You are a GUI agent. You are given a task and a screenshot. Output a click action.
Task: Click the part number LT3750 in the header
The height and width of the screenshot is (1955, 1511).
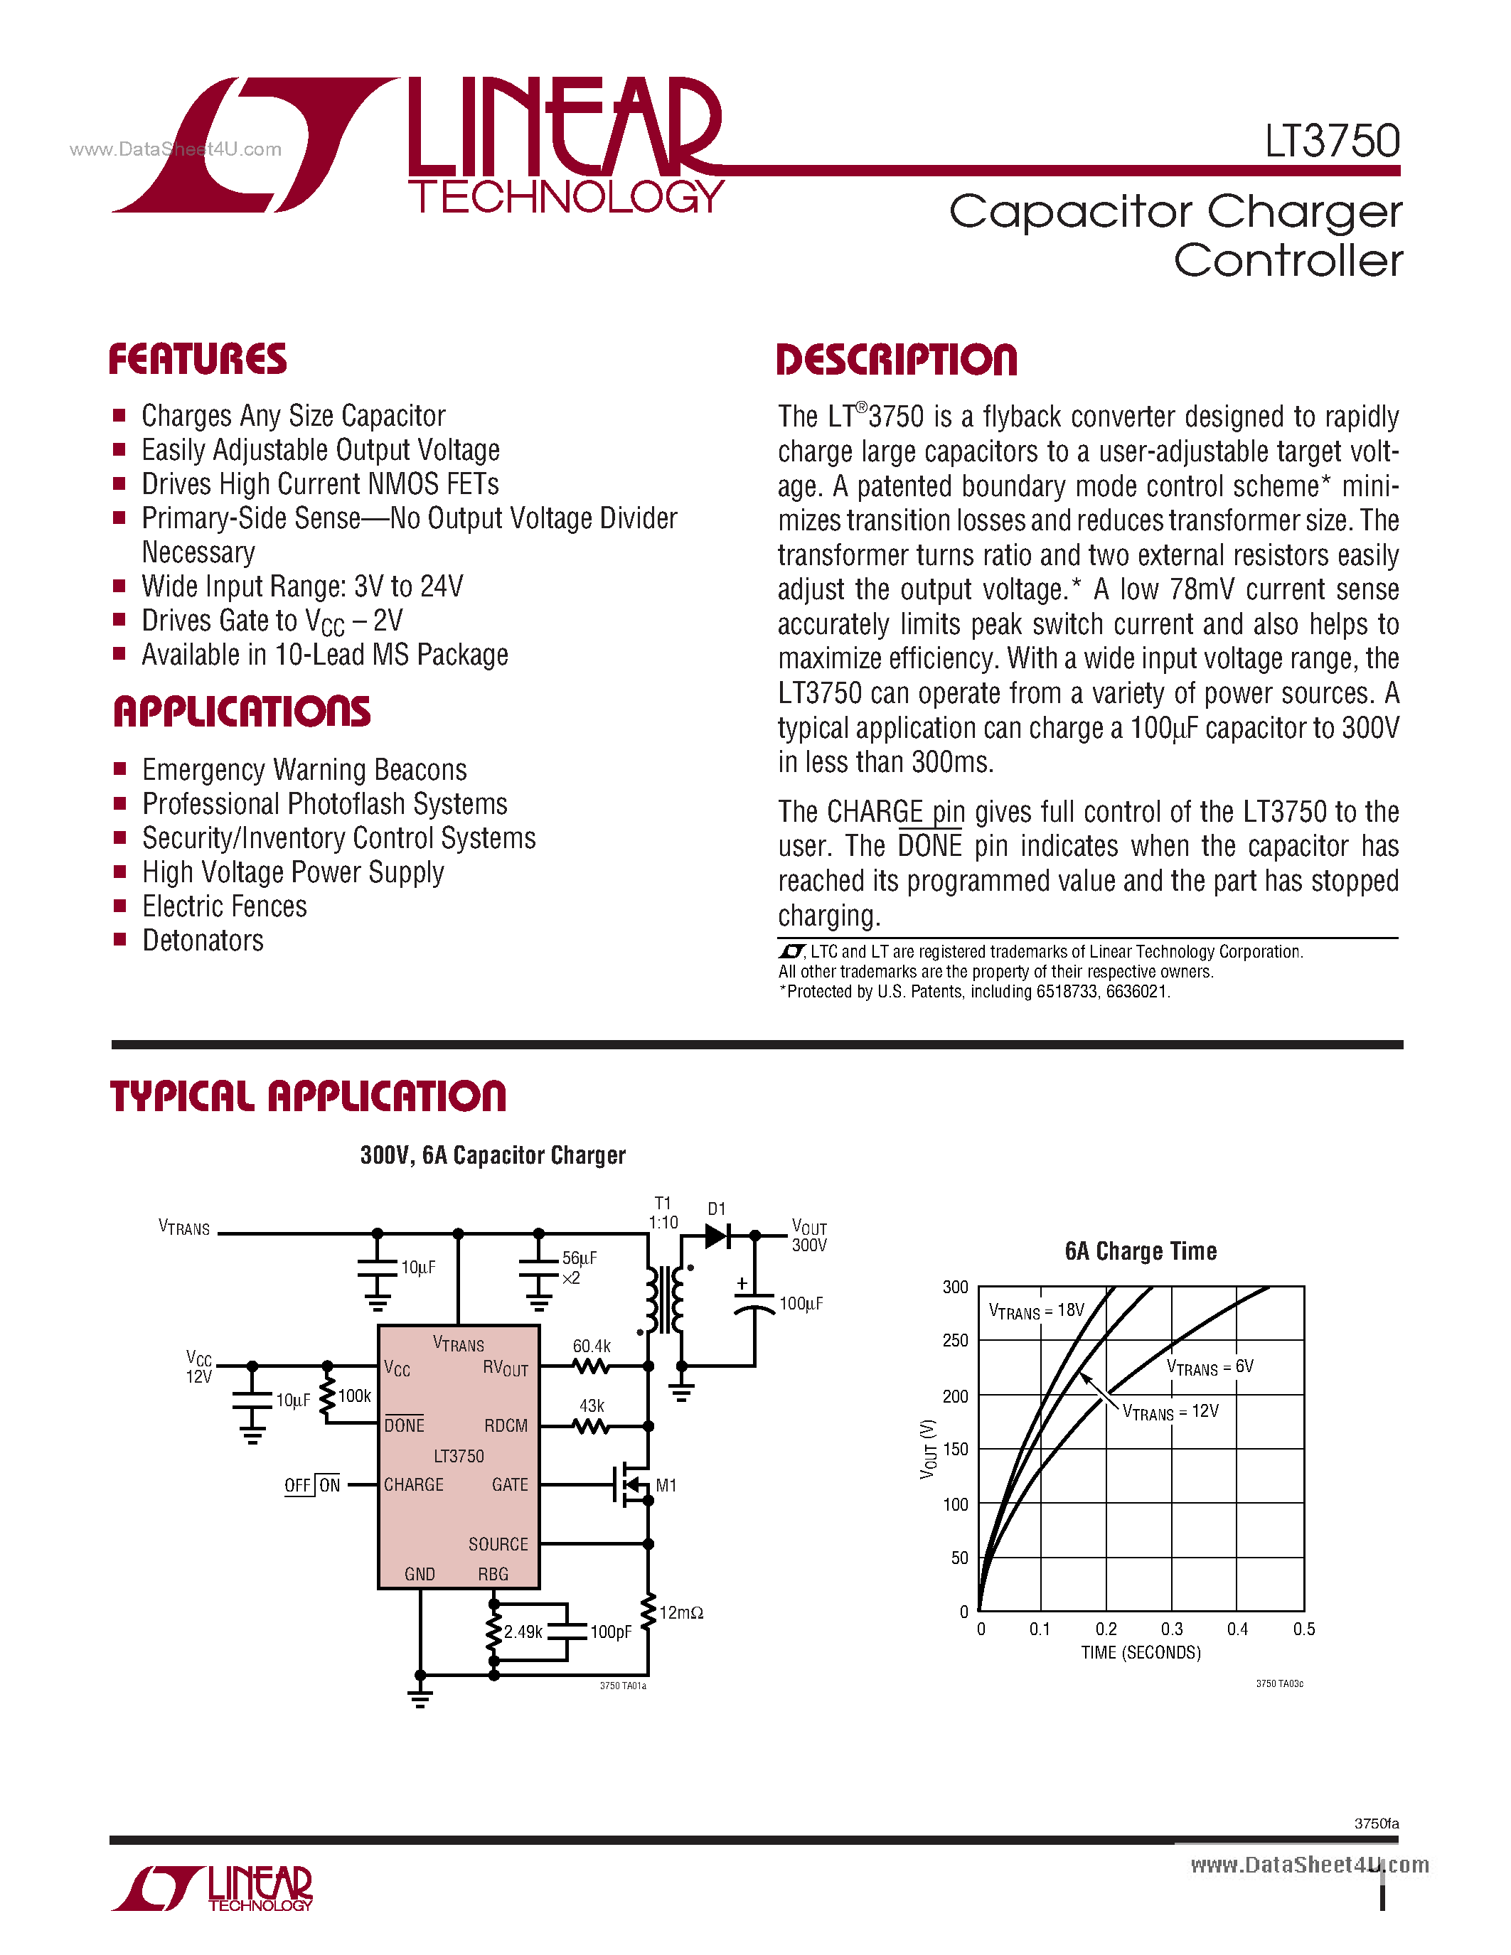coord(1331,141)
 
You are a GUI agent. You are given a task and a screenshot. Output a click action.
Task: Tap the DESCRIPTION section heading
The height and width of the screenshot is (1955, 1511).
coord(896,360)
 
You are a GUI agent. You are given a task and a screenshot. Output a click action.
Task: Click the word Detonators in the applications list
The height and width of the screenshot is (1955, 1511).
coord(203,941)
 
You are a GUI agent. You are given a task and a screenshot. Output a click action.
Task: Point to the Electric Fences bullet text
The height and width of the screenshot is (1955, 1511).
coord(225,907)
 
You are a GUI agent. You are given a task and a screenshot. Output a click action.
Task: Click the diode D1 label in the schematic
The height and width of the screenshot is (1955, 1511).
coord(716,1209)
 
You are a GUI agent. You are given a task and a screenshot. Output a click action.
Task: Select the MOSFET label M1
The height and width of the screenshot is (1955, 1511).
coord(666,1486)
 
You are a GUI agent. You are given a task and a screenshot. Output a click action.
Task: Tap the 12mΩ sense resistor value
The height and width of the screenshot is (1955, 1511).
coord(681,1613)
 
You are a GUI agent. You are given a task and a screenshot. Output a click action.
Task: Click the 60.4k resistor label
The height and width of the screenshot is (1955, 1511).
coord(592,1346)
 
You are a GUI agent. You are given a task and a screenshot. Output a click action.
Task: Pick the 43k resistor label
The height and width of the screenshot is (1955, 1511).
coord(592,1406)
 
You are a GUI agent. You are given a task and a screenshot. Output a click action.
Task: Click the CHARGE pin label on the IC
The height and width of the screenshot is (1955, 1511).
coord(414,1485)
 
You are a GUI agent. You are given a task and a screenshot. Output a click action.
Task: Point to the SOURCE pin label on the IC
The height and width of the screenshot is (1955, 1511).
coord(498,1544)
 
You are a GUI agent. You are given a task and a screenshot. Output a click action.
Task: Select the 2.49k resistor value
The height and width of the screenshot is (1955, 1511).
coord(523,1632)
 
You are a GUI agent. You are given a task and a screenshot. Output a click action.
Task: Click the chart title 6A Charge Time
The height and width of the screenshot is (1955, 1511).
coord(1141,1251)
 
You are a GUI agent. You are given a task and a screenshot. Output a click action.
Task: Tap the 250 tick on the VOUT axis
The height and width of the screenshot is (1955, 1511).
coord(955,1340)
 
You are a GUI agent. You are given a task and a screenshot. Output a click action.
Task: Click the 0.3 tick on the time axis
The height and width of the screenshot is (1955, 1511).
coord(1172,1629)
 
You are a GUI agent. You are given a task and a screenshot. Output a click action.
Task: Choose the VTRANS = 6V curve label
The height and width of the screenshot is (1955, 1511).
coord(1210,1367)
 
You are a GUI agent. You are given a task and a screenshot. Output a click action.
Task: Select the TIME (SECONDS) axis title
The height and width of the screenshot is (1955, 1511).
coord(1141,1652)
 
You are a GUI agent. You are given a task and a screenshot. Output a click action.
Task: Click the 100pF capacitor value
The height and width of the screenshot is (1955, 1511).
coord(611,1632)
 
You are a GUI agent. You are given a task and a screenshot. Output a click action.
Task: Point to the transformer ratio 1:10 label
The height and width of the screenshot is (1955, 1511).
coord(663,1223)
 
